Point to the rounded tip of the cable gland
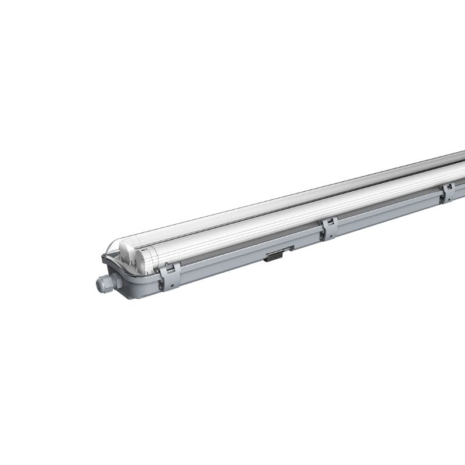99,284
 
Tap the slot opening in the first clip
170,269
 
